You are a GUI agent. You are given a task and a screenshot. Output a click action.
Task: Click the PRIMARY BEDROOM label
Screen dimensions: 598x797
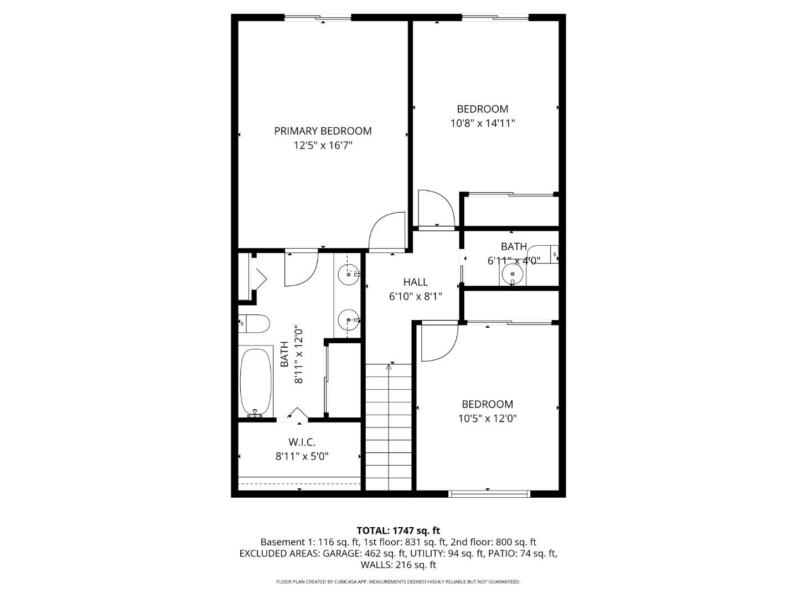click(x=323, y=131)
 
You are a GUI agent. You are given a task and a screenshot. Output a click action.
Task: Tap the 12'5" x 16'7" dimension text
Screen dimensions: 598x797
click(x=323, y=146)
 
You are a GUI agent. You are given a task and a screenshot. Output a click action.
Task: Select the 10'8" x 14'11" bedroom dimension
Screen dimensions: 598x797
click(x=483, y=123)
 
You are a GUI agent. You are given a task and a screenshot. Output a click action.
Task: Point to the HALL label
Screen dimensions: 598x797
click(x=415, y=282)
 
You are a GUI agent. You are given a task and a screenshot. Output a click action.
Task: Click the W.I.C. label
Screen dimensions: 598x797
click(x=302, y=442)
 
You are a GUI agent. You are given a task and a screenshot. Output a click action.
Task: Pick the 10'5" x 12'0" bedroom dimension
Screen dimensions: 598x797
click(x=487, y=419)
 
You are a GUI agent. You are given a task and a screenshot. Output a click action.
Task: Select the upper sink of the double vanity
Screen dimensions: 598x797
click(x=349, y=274)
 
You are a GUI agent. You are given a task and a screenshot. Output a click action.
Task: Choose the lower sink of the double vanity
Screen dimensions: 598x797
click(x=349, y=320)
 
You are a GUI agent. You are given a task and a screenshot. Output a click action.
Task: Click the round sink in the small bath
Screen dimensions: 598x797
click(x=513, y=274)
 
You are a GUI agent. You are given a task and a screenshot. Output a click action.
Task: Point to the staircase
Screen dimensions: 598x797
click(x=389, y=426)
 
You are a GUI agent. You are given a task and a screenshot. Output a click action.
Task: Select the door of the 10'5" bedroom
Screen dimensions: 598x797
click(x=438, y=342)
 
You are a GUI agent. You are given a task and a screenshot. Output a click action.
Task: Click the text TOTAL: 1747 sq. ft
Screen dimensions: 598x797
click(x=398, y=531)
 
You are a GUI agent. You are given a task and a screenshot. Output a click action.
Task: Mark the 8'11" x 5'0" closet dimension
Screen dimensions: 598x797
click(x=302, y=457)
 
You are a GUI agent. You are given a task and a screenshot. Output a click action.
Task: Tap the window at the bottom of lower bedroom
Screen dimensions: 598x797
click(x=489, y=493)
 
